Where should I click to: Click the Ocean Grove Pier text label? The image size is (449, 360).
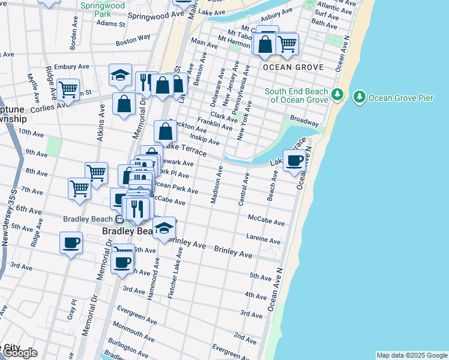click(x=400, y=97)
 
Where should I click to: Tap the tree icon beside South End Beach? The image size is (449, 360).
click(x=337, y=95)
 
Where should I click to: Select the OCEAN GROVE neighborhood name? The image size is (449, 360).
click(x=293, y=67)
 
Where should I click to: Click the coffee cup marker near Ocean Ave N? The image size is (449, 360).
click(x=294, y=161)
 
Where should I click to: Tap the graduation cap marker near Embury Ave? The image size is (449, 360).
click(x=120, y=76)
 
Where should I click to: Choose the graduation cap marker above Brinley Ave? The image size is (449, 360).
click(x=164, y=229)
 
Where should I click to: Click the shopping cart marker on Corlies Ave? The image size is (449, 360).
click(x=68, y=91)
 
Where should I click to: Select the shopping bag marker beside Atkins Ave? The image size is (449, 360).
click(x=124, y=104)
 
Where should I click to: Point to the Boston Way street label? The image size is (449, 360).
click(x=133, y=40)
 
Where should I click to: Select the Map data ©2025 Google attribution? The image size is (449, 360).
click(x=411, y=355)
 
